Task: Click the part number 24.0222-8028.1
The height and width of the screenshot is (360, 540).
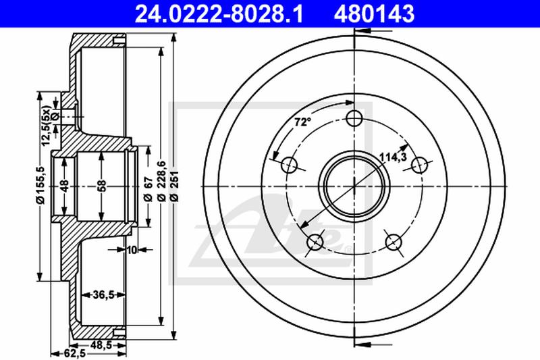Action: pos(219,14)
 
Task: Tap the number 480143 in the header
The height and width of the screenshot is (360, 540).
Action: pos(374,14)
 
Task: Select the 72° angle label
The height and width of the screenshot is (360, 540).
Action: pos(303,122)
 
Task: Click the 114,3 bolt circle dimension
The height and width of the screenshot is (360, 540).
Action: pos(393,157)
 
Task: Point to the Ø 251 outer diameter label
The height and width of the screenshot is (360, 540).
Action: pos(174,186)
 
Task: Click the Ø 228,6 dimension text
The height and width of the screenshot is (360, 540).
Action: pos(161,181)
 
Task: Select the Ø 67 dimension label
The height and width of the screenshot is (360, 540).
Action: pos(148,189)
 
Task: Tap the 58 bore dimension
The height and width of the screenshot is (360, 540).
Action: pos(102,185)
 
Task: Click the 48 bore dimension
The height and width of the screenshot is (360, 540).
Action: pos(64,185)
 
